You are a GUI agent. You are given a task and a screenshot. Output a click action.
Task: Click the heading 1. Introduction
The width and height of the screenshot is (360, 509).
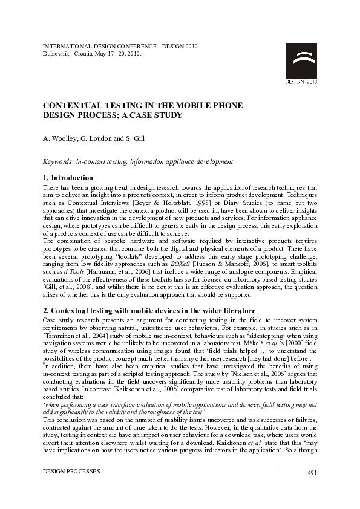click(x=68, y=178)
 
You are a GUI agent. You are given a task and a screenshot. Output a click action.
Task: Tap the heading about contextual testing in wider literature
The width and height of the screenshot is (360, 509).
click(x=148, y=310)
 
